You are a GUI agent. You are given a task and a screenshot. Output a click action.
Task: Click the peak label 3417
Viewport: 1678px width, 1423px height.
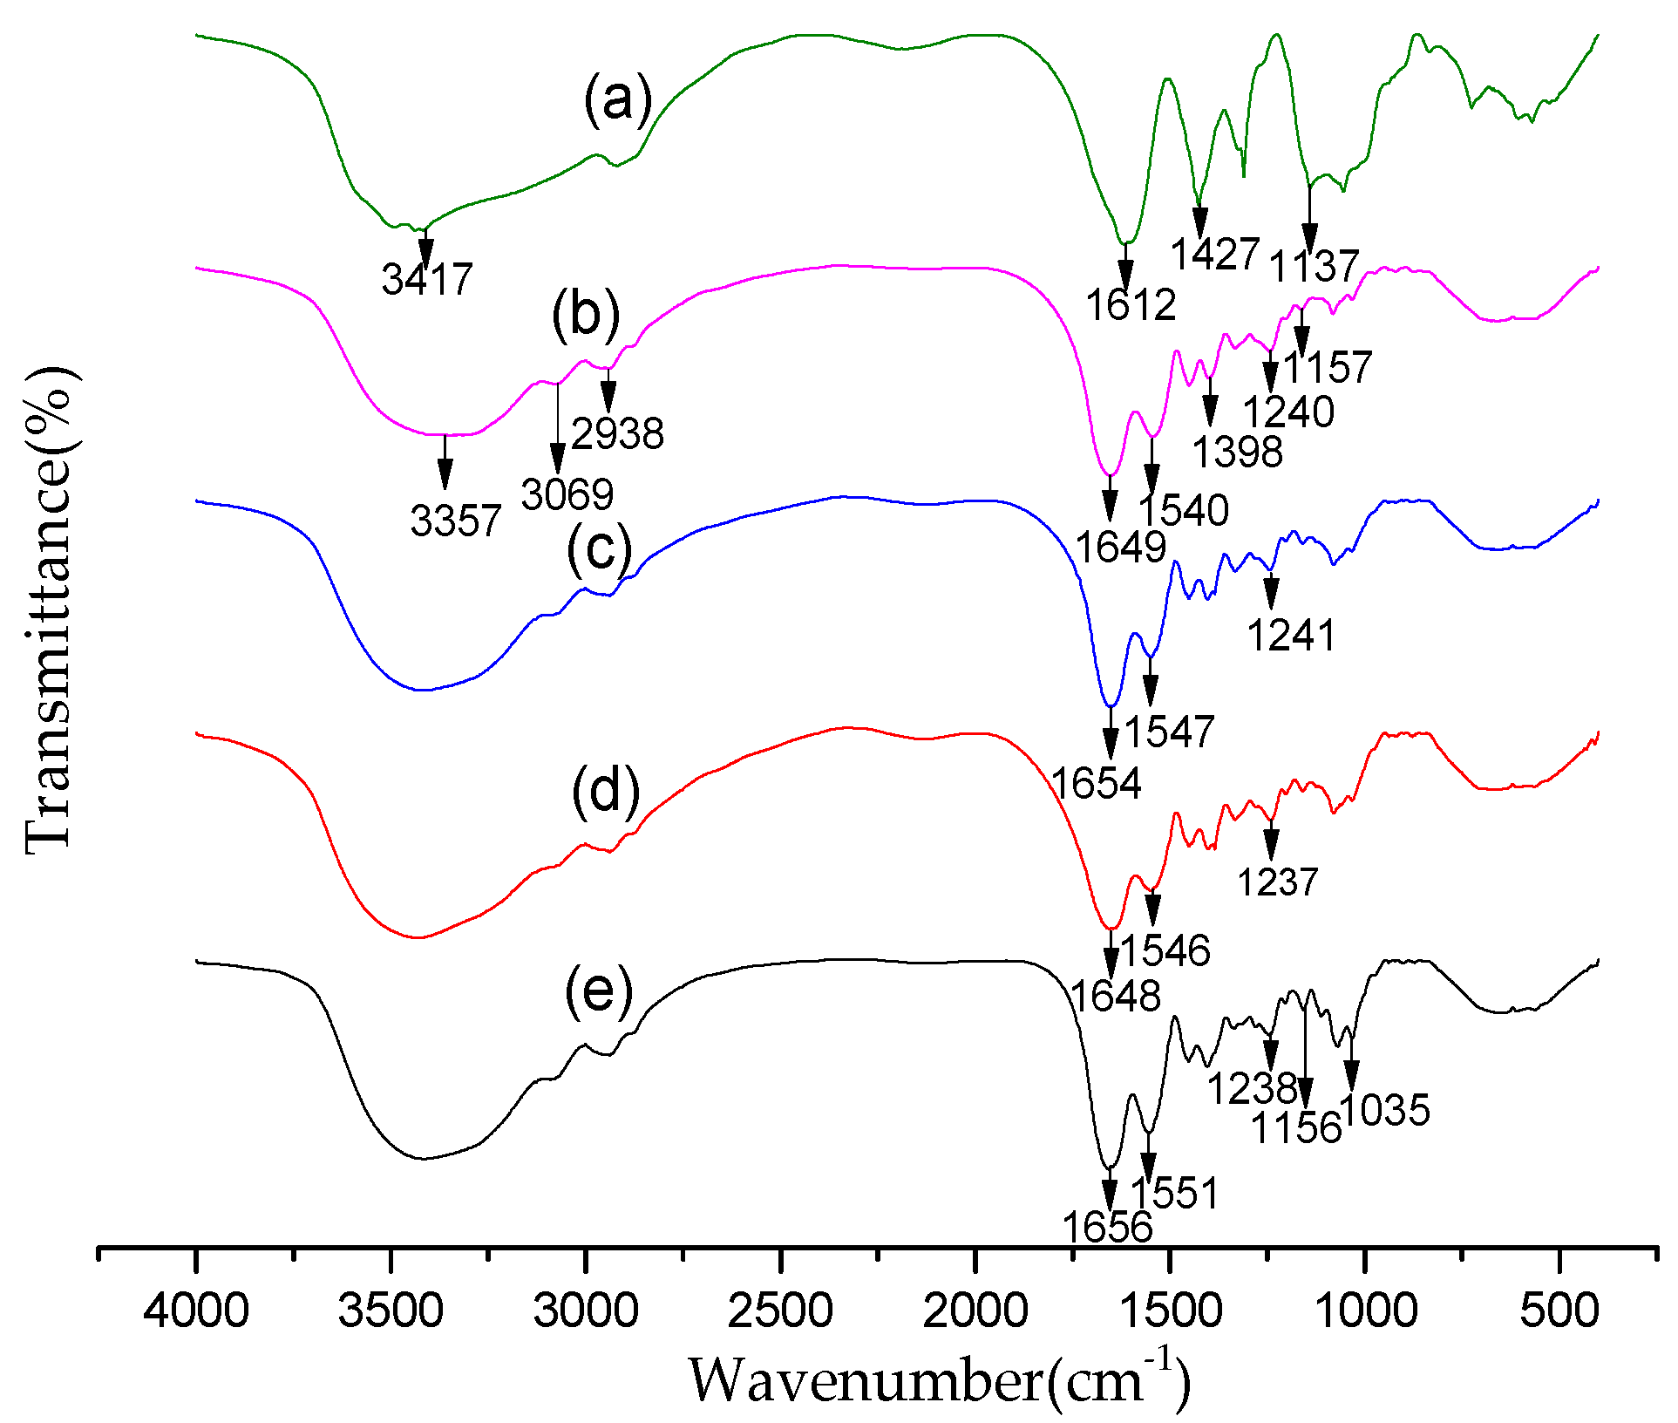pos(427,279)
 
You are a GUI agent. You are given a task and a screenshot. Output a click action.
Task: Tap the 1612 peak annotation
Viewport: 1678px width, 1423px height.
pos(1131,304)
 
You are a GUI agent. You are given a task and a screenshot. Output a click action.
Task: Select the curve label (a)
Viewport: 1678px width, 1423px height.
pos(618,99)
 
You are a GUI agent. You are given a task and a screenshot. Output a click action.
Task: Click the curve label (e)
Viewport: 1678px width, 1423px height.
pos(599,991)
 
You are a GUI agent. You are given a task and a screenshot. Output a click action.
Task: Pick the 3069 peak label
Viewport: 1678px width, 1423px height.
pos(567,494)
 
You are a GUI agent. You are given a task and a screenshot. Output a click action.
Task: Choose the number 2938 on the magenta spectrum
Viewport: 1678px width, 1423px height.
pos(618,432)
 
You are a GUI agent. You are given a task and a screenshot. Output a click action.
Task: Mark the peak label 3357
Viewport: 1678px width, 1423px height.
pos(456,521)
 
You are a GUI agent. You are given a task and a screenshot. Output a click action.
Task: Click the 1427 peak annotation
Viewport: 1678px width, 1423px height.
pos(1214,254)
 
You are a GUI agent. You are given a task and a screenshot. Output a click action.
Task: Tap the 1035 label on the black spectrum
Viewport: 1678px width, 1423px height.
pos(1385,1111)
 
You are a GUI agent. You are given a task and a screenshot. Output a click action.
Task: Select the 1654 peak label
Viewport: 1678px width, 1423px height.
pos(1097,783)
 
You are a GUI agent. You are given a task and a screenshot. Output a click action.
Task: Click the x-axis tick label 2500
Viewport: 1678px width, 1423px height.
pos(780,1311)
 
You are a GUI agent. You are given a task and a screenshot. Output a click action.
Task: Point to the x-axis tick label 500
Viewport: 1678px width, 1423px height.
pos(1559,1311)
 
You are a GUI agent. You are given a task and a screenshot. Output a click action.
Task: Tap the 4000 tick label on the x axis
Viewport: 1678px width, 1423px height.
pos(196,1311)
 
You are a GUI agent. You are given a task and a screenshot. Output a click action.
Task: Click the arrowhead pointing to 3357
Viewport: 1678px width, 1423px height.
pos(445,475)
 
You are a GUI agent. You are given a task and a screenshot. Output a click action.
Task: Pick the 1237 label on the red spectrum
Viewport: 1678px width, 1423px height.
pos(1278,882)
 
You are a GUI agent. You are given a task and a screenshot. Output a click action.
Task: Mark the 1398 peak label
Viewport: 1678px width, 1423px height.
pos(1238,452)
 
